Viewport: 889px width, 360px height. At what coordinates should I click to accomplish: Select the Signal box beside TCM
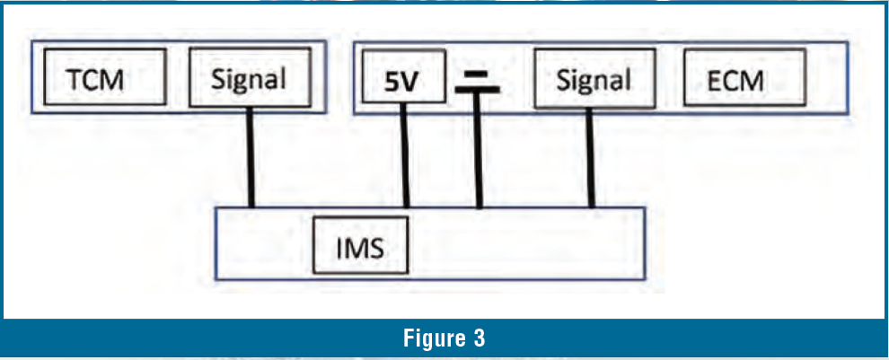click(x=249, y=78)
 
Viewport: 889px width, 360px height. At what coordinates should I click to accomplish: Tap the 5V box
click(x=402, y=82)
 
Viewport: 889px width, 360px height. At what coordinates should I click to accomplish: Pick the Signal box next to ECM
click(x=593, y=80)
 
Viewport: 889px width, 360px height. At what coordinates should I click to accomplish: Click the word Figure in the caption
click(x=430, y=339)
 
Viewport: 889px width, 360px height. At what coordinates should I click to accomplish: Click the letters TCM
click(x=94, y=80)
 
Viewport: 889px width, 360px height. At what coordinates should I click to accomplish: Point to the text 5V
click(x=401, y=83)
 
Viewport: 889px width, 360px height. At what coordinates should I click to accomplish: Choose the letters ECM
click(x=735, y=81)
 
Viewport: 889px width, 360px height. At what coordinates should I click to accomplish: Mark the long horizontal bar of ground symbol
click(x=478, y=90)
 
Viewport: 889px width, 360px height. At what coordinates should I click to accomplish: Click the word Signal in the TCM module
click(x=249, y=78)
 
